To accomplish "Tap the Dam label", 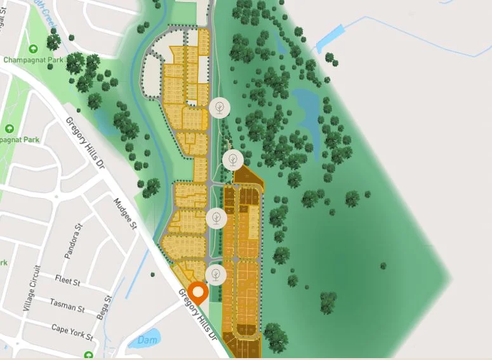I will pyautogui.click(x=147, y=340).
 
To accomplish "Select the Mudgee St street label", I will pyautogui.click(x=125, y=213).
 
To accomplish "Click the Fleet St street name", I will pyautogui.click(x=67, y=281).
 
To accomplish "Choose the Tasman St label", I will pyautogui.click(x=67, y=308).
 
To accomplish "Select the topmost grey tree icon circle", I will pyautogui.click(x=220, y=107).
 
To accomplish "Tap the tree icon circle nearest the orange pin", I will pyautogui.click(x=216, y=275).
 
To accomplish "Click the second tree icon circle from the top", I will pyautogui.click(x=233, y=159).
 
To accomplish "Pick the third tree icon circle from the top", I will pyautogui.click(x=216, y=218).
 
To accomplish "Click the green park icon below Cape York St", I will pyautogui.click(x=89, y=354).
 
